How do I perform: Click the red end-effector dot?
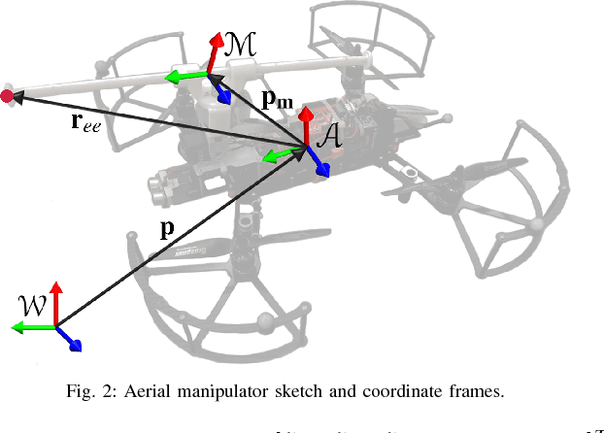(x=9, y=95)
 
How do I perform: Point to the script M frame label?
(x=239, y=42)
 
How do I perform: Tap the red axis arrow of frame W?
(x=57, y=302)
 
